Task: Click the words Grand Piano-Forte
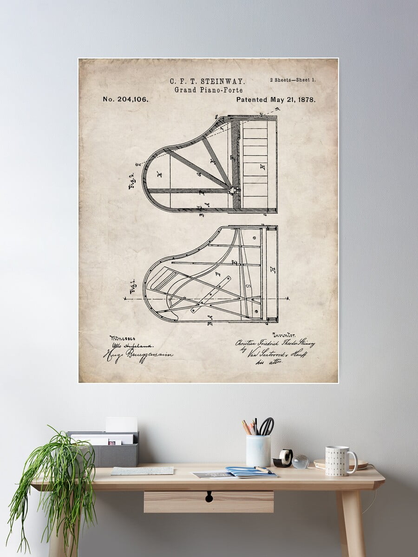pyautogui.click(x=209, y=90)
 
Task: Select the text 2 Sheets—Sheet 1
pyautogui.click(x=293, y=80)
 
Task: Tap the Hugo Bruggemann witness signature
pyautogui.click(x=138, y=355)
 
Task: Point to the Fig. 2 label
pyautogui.click(x=131, y=179)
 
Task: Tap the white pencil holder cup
pyautogui.click(x=258, y=451)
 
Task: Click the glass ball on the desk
pyautogui.click(x=300, y=461)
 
